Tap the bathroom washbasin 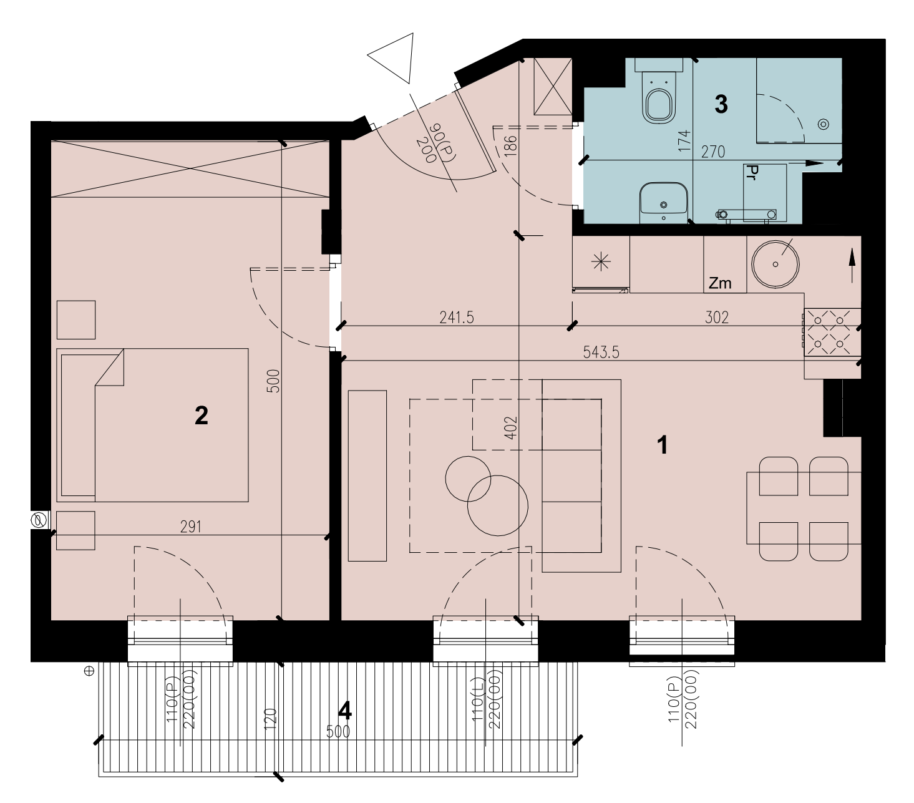(x=663, y=203)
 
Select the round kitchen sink (x=775, y=265)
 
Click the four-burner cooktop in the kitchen (x=832, y=333)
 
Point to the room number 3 (x=721, y=104)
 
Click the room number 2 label (x=202, y=416)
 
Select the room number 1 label (x=663, y=445)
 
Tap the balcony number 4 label (x=344, y=711)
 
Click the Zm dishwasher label (x=720, y=283)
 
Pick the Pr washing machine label (x=751, y=173)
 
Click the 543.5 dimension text (x=601, y=353)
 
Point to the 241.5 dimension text (x=457, y=318)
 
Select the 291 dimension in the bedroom (x=190, y=527)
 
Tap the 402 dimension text (x=512, y=427)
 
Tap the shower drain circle (x=824, y=124)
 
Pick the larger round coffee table (x=498, y=506)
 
